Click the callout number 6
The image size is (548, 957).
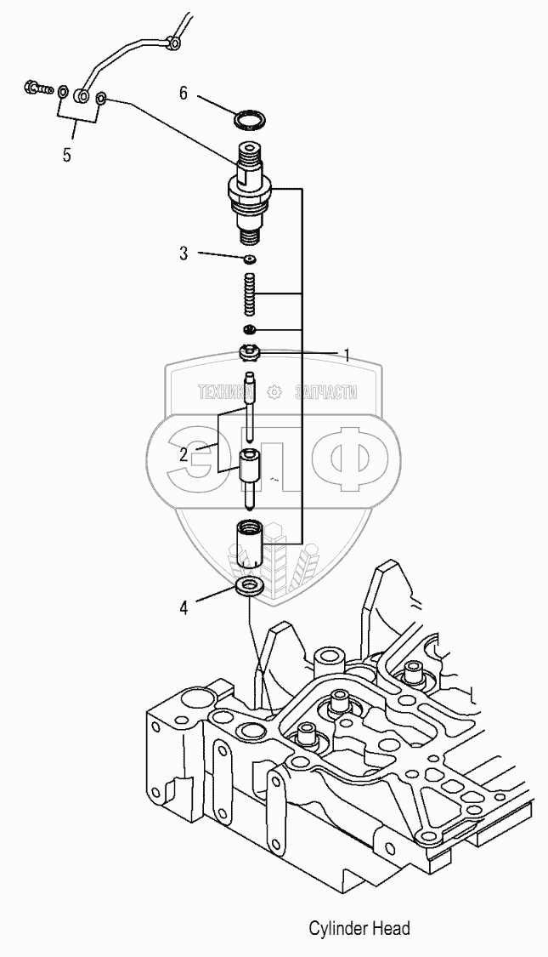(x=184, y=93)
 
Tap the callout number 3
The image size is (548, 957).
(x=183, y=253)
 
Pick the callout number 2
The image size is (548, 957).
(x=184, y=453)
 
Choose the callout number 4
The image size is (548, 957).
(x=183, y=607)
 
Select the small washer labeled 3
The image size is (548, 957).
(x=250, y=259)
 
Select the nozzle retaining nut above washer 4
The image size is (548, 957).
(x=250, y=544)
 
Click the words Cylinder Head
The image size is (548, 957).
(x=359, y=928)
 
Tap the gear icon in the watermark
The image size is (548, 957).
(x=274, y=391)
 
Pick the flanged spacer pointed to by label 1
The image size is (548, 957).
(x=250, y=351)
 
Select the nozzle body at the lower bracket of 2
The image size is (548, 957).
(x=250, y=475)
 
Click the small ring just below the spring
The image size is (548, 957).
(x=250, y=329)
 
